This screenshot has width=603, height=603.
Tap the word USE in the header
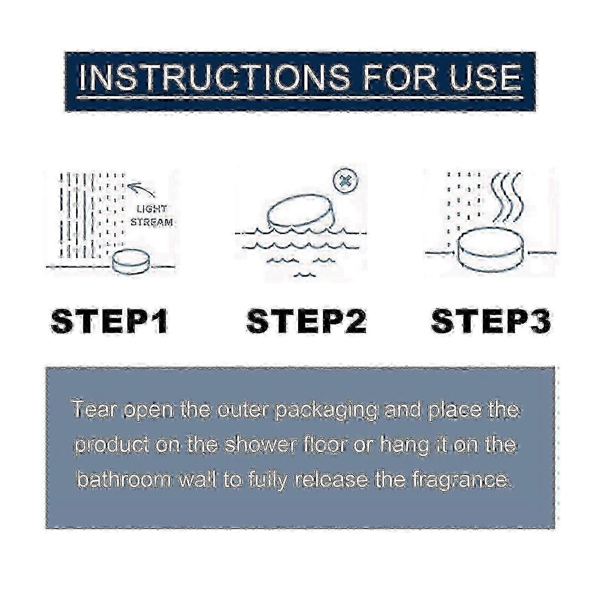(485, 78)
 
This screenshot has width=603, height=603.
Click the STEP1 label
(109, 321)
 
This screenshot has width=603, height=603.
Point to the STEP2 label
(306, 321)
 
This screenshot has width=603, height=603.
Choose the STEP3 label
(491, 321)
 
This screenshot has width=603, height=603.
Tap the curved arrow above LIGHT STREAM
(141, 188)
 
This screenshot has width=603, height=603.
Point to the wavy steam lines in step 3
(507, 198)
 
